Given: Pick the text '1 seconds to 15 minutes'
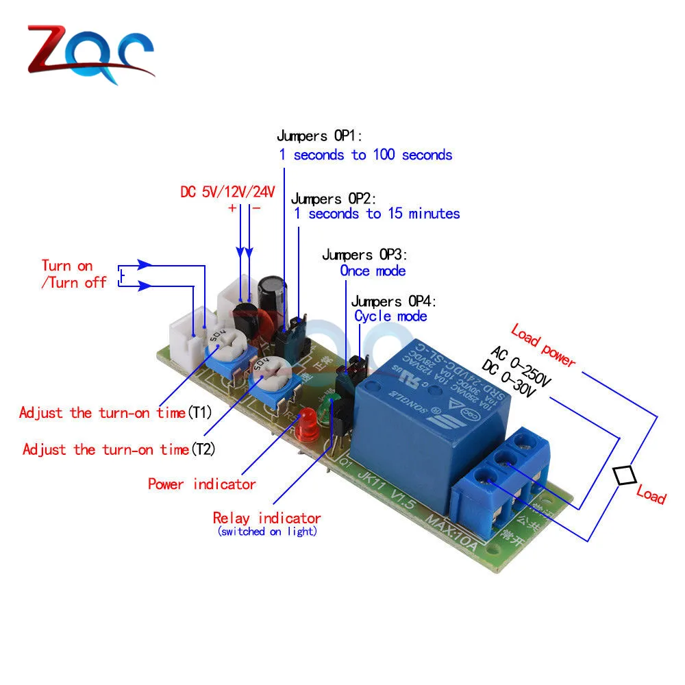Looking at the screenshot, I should click(377, 214).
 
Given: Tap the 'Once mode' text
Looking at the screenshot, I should click(373, 271).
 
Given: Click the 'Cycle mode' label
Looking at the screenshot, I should click(390, 316).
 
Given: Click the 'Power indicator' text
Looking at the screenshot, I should click(202, 484).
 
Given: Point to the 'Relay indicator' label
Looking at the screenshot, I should click(266, 519).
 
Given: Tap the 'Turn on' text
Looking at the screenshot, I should click(67, 266).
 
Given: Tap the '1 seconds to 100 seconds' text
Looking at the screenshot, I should click(366, 155).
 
